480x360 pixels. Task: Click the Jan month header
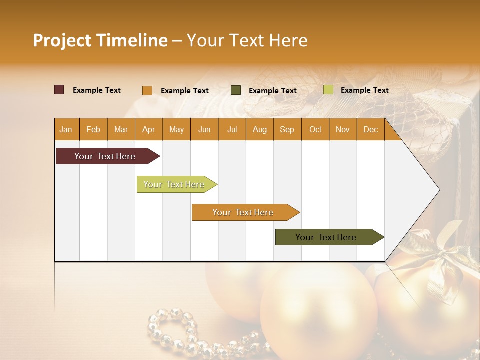[66, 129]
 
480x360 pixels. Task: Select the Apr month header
[148, 129]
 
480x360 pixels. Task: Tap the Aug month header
[259, 129]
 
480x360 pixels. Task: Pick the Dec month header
[370, 129]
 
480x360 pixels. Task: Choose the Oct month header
[315, 129]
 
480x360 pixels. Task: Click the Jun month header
[204, 129]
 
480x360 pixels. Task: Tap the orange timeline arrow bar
[243, 212]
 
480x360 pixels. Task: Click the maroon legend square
[59, 90]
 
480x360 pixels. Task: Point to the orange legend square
[147, 90]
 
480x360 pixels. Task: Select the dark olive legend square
[236, 90]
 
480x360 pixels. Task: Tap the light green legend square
[328, 90]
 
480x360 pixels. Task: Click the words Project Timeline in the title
[100, 40]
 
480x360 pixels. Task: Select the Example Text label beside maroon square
[97, 90]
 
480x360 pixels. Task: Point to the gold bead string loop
[172, 327]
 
